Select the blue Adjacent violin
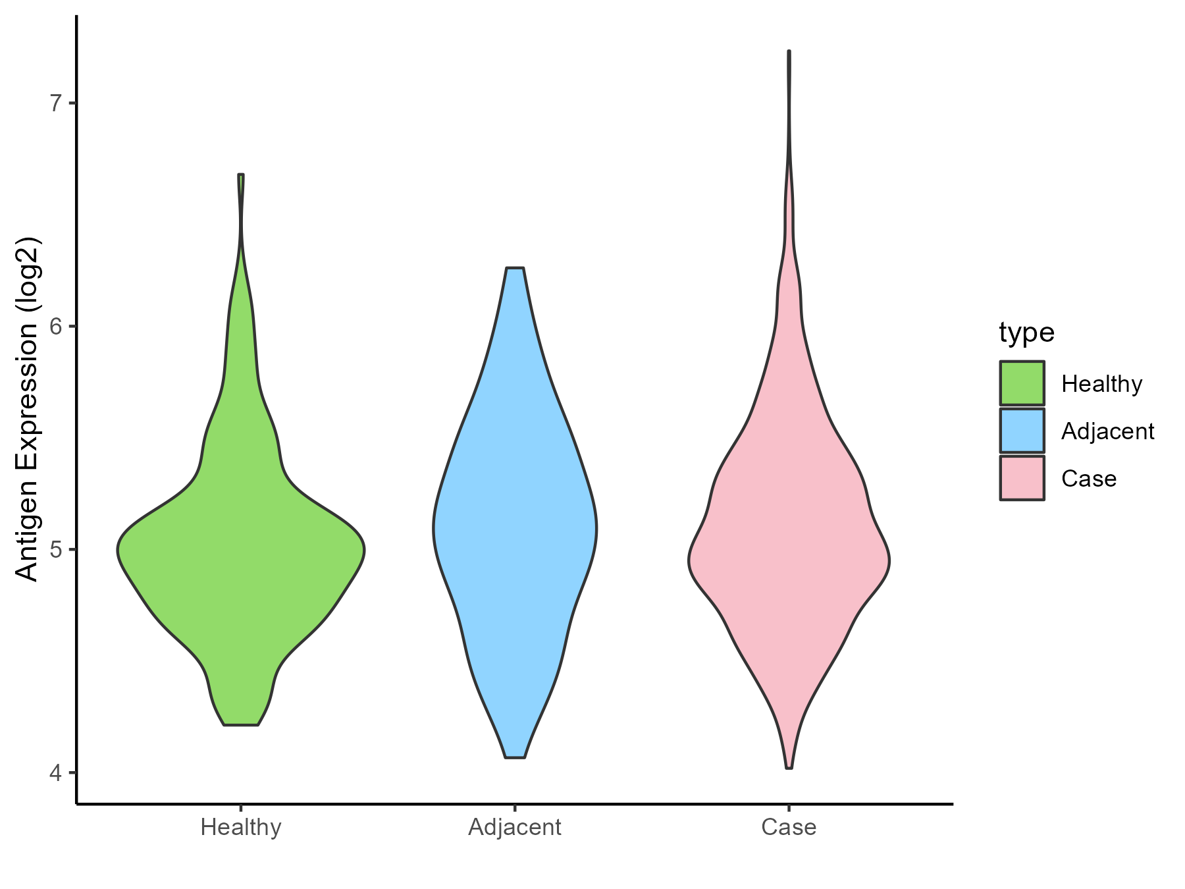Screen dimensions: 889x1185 tap(515, 527)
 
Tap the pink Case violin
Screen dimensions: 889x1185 tap(789, 560)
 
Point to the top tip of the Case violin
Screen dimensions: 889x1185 tap(789, 52)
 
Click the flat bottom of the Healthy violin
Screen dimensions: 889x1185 tap(241, 724)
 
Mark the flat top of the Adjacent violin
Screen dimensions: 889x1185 tap(515, 269)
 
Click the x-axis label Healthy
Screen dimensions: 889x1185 tap(241, 827)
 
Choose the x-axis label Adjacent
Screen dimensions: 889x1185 tap(515, 827)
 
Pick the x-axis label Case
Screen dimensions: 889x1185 tap(789, 827)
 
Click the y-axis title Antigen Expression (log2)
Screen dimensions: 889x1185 tap(28, 408)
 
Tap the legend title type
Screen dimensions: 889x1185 tap(1026, 333)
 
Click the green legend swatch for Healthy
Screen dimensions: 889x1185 tap(1022, 383)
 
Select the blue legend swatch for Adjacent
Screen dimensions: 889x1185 tap(1022, 431)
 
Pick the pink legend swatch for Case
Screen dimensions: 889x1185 tap(1022, 478)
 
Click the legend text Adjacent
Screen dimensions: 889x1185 tap(1107, 431)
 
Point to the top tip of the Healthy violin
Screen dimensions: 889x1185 tap(241, 175)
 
